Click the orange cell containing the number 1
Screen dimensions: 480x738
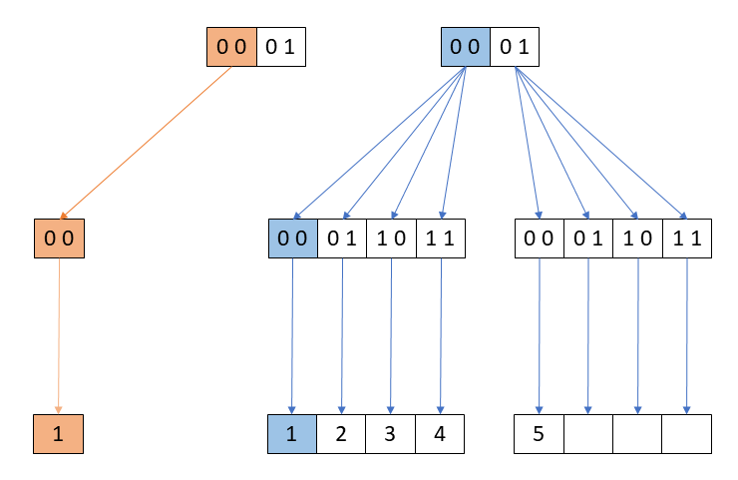58,434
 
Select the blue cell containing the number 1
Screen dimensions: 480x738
292,434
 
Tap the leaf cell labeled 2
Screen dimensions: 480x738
341,434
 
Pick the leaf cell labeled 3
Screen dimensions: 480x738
390,434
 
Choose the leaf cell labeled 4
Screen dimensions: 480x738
440,434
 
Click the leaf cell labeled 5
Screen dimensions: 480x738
539,434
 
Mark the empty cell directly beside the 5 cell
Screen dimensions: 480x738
587,434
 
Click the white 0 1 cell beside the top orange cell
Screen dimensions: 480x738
280,46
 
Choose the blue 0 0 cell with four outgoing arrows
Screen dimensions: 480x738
466,46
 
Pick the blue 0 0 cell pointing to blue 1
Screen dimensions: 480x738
292,240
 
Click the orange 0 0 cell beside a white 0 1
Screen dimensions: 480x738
231,46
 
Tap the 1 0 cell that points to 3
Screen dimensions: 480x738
390,240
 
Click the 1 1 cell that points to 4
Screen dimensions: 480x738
440,240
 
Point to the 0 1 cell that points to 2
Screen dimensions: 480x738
341,240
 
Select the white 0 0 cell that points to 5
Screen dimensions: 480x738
539,240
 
